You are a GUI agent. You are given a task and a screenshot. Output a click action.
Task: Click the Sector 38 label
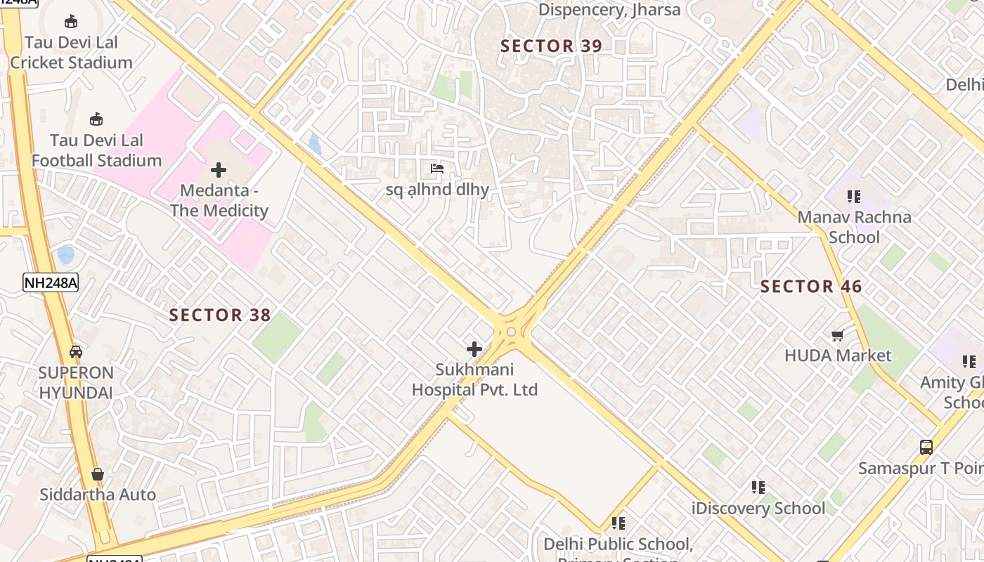tap(220, 315)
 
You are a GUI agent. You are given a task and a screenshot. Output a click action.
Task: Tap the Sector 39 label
tap(551, 46)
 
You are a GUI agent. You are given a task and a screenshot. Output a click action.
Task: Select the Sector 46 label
tap(811, 287)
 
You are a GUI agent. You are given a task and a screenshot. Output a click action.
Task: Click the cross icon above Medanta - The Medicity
tap(219, 169)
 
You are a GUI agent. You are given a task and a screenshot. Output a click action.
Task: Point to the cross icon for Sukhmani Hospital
tap(474, 348)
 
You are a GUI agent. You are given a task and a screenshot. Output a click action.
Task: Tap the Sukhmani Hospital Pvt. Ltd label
tap(474, 379)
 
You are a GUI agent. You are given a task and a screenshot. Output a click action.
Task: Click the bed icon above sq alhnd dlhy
tap(436, 169)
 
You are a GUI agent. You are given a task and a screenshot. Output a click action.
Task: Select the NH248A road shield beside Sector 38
tap(51, 282)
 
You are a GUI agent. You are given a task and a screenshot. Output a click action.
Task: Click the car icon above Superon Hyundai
tap(76, 352)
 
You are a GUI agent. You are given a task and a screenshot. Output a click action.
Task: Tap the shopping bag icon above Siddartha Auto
tap(98, 475)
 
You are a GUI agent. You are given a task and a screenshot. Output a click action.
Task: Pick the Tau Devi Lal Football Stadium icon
tap(96, 119)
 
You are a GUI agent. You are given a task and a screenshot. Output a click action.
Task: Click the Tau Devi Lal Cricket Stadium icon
tap(71, 22)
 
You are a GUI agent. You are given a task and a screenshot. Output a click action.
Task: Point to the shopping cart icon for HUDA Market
tap(837, 336)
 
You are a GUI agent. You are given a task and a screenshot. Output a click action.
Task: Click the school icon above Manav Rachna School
tap(854, 197)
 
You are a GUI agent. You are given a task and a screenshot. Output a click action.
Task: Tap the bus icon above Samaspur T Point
tap(926, 447)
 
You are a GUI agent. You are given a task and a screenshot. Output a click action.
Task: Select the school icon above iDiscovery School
tap(758, 487)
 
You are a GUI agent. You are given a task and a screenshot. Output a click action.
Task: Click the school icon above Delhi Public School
tap(619, 523)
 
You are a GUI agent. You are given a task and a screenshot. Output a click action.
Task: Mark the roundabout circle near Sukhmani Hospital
tap(511, 332)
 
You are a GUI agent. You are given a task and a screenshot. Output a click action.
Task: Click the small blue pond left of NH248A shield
tap(65, 254)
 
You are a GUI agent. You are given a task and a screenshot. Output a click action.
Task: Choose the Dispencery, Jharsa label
tap(609, 10)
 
